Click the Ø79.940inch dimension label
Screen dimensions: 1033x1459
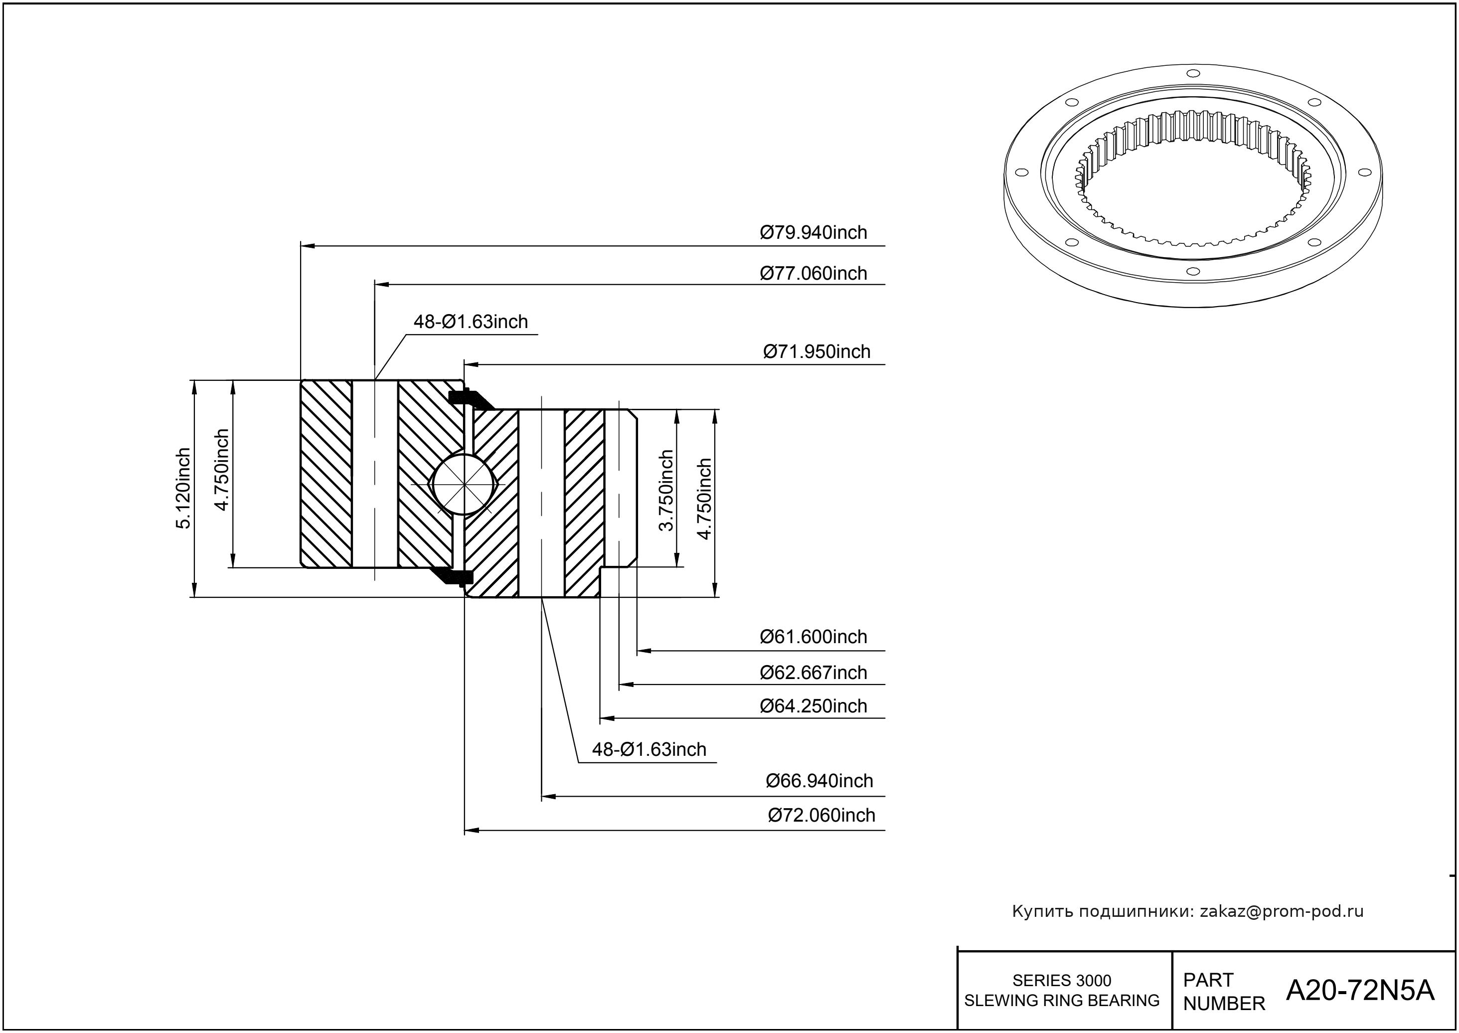pos(813,233)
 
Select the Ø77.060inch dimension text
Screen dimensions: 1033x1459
pos(813,274)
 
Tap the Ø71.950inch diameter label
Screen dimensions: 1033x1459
pos(816,352)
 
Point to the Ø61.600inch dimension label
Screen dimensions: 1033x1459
pos(813,637)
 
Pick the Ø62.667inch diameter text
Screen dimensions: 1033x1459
pos(813,673)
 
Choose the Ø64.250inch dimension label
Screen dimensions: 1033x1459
pos(813,706)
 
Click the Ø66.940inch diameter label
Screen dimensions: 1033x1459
pos(819,781)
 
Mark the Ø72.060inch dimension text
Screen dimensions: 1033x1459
pos(821,816)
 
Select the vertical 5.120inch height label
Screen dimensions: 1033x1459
pos(183,489)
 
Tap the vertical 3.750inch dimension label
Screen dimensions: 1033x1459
pos(666,490)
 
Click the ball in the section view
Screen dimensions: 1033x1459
pos(464,485)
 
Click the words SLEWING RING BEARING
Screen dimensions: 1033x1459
pos(1062,1001)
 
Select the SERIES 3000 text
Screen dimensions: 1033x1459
pos(1062,980)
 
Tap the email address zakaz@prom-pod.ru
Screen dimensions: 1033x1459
pos(1281,911)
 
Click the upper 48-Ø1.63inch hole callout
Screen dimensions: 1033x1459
pos(471,322)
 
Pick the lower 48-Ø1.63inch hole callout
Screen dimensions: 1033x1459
pos(648,749)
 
